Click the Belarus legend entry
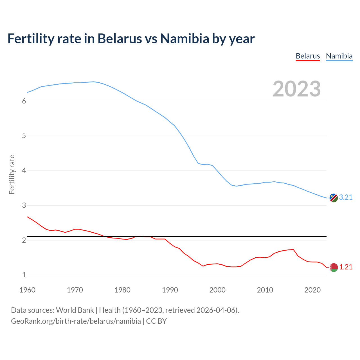308,56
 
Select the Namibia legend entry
339,56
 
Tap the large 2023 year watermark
296,89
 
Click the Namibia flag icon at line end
333,198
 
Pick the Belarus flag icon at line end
333,267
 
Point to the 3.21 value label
346,197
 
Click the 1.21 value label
346,267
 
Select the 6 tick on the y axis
24,101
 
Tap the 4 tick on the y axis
24,171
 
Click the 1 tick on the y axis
24,275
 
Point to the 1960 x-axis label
27,290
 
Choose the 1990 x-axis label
170,290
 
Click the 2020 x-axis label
312,290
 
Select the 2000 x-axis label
217,290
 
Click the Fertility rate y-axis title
12,174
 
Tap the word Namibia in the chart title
184,39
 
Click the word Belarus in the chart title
120,39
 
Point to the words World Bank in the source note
75,310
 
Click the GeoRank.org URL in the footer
76,321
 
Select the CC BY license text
156,321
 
